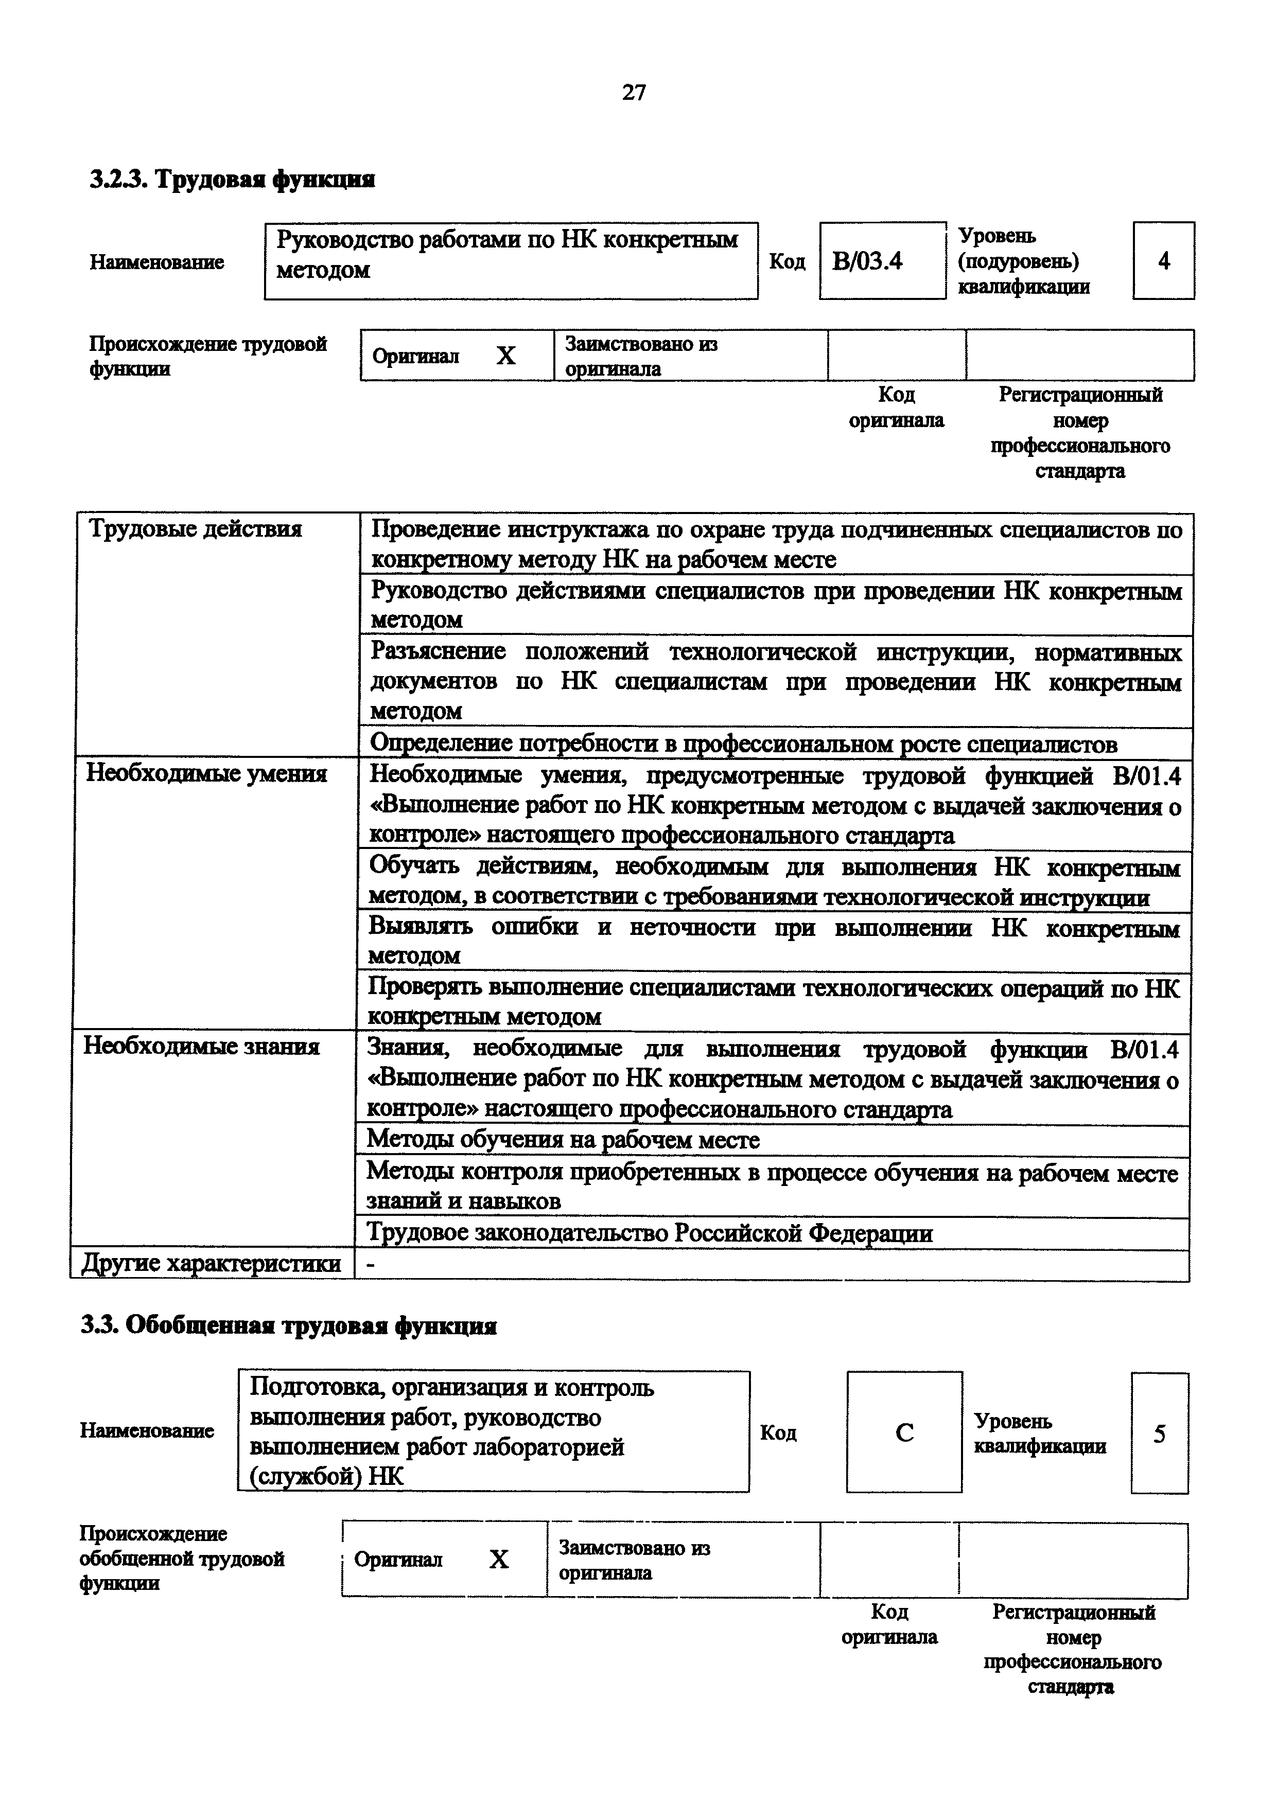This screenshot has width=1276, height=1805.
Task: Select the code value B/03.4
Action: (x=867, y=261)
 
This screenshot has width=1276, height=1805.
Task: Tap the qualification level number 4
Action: (x=1164, y=261)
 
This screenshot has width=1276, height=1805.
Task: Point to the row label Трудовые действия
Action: (x=195, y=529)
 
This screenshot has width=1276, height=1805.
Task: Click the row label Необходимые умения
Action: (x=206, y=774)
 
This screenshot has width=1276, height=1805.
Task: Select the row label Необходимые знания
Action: (x=202, y=1047)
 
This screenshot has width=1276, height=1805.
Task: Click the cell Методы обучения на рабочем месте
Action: (x=563, y=1140)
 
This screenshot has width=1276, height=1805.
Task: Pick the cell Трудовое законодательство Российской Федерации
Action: (x=650, y=1233)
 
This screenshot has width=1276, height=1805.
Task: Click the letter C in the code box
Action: (x=904, y=1433)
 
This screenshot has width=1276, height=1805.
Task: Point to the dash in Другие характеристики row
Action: (x=371, y=1263)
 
